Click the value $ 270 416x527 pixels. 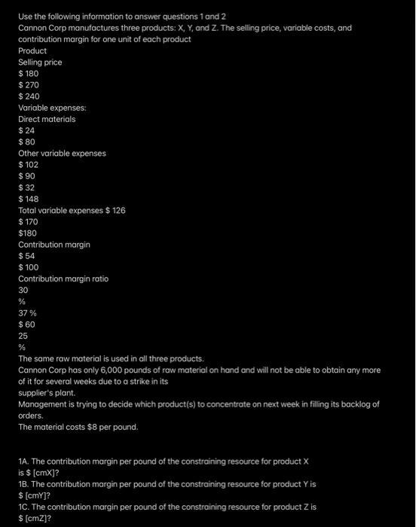pyautogui.click(x=29, y=85)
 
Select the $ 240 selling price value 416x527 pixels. pyautogui.click(x=29, y=96)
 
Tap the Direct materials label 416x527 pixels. pyautogui.click(x=47, y=119)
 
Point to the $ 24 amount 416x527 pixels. pyautogui.click(x=26, y=130)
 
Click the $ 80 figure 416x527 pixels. pyautogui.click(x=26, y=142)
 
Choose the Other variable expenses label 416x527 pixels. pyautogui.click(x=62, y=153)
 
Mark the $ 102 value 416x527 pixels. pyautogui.click(x=29, y=164)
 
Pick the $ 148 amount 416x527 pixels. pyautogui.click(x=29, y=199)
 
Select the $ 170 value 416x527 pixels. pyautogui.click(x=29, y=221)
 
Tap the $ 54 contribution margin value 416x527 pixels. pyautogui.click(x=26, y=256)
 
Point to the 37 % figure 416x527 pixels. pyautogui.click(x=28, y=312)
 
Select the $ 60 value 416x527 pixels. pyautogui.click(x=26, y=324)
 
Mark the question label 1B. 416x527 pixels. pyautogui.click(x=25, y=483)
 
